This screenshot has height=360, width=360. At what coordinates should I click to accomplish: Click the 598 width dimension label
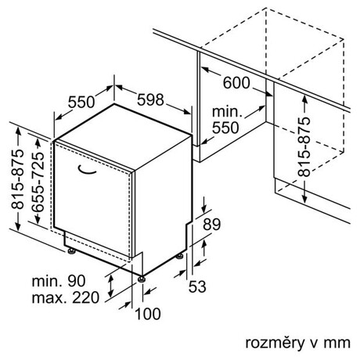click(x=150, y=99)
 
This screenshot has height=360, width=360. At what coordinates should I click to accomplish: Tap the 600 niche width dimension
click(x=236, y=83)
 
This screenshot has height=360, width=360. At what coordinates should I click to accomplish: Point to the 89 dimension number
click(x=212, y=225)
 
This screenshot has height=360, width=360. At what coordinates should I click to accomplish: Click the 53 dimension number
click(x=197, y=286)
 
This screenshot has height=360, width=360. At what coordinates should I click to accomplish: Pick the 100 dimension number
click(x=148, y=314)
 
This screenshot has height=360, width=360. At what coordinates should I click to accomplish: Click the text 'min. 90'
click(x=59, y=281)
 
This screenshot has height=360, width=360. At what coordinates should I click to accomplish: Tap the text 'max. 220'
click(x=66, y=297)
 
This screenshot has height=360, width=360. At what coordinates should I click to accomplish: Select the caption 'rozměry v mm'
click(x=297, y=343)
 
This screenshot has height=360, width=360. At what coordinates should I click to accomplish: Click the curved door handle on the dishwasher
click(x=86, y=171)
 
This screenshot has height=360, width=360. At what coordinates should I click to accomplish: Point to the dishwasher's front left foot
click(x=71, y=251)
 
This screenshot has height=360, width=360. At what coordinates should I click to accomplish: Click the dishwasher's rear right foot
click(x=179, y=257)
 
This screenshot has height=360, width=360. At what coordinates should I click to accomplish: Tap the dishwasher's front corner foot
click(x=142, y=279)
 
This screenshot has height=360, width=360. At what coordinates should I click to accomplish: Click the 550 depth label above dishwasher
click(x=81, y=102)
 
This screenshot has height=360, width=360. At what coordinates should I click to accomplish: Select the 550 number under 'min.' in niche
click(x=225, y=128)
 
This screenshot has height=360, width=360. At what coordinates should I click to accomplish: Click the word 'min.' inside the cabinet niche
click(x=227, y=112)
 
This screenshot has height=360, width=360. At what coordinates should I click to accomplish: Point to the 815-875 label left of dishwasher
click(x=18, y=179)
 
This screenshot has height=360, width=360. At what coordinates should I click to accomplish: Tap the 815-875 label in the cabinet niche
click(x=304, y=147)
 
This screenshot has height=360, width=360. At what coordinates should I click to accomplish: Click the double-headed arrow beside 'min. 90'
click(x=111, y=286)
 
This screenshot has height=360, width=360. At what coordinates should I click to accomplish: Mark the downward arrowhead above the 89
click(x=204, y=210)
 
